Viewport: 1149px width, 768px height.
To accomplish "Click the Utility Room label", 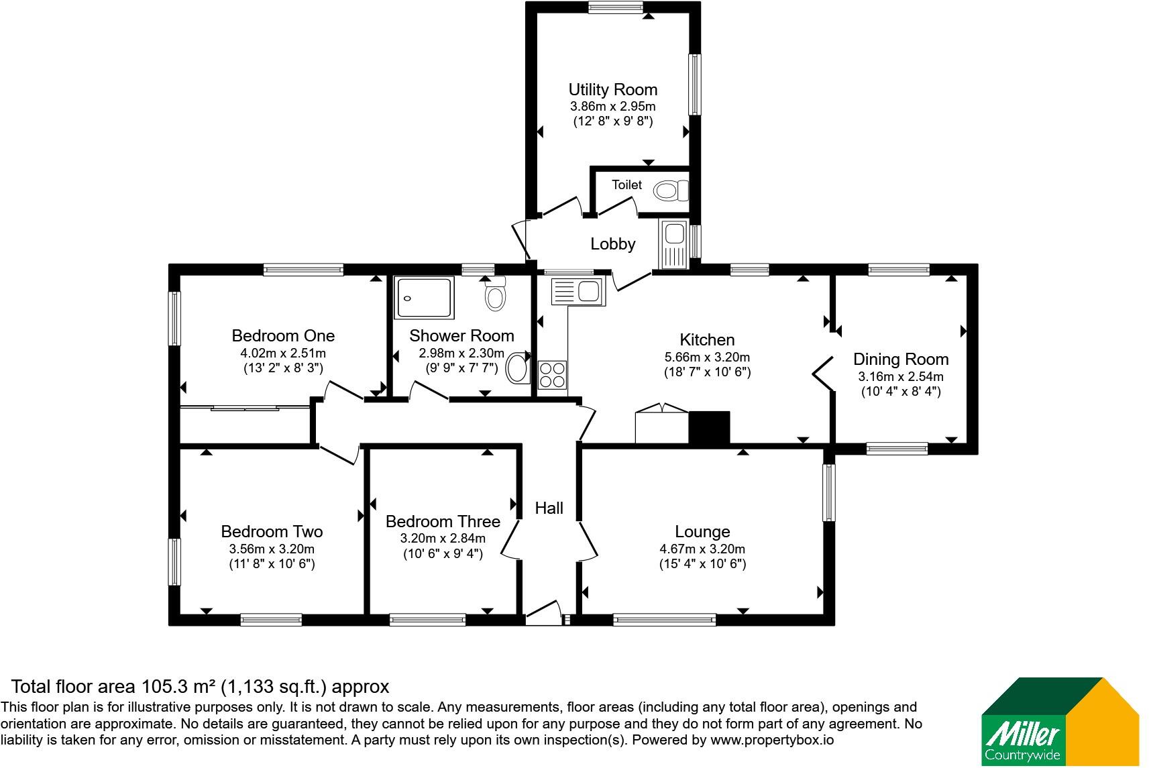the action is (612, 90).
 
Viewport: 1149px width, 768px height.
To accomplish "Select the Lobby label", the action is (612, 243).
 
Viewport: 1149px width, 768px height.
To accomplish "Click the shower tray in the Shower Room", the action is (424, 298).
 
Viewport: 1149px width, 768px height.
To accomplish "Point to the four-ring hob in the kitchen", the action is (552, 375).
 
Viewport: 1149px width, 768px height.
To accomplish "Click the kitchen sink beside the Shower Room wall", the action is (579, 291).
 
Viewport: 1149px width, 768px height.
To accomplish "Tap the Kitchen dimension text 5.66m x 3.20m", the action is (707, 357).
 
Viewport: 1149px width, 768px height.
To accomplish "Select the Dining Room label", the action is (901, 359).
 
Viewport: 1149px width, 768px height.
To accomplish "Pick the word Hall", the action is (549, 508).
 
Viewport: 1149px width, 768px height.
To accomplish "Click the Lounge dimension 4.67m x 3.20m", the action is (702, 549).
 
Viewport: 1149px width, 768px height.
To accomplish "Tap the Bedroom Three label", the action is (443, 521).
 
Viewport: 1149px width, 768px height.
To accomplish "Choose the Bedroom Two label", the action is (272, 531).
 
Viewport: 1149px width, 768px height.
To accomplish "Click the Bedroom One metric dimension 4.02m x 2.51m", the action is (283, 353).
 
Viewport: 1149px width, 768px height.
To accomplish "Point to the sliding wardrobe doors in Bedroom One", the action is (245, 408).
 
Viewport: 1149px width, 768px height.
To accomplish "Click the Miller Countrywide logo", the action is (1060, 722).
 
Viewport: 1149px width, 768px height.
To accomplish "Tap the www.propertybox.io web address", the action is (772, 740).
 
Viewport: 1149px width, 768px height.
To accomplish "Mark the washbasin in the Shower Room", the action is (518, 368).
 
